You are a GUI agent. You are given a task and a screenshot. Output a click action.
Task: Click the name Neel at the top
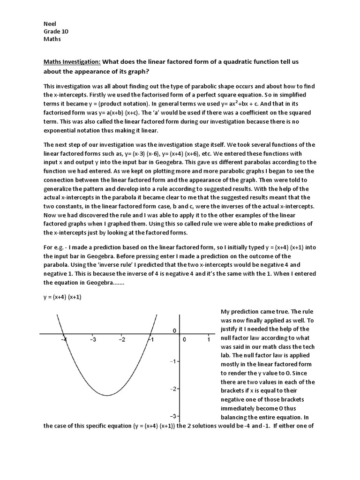[x=49, y=23]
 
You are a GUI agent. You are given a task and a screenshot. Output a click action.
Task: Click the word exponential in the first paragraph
[x=60, y=130]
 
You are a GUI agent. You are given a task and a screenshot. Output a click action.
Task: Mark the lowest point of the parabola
[x=107, y=395]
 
